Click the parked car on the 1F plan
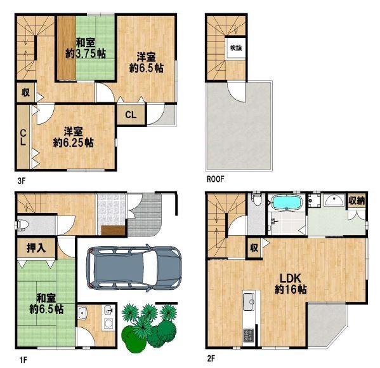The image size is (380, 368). [x=134, y=267]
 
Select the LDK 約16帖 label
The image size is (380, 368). [x=291, y=283]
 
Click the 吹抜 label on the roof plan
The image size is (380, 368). [x=236, y=48]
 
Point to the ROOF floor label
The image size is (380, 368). [x=215, y=179]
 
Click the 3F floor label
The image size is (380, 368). [x=22, y=181]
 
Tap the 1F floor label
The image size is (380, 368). [x=23, y=360]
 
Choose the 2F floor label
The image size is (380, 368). [x=211, y=358]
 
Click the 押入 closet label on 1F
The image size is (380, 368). [x=36, y=248]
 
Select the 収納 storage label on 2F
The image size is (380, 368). [x=357, y=200]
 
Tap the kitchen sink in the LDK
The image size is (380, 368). [x=249, y=302]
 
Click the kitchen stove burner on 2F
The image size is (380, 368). [x=249, y=335]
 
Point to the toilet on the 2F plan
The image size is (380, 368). [x=257, y=199]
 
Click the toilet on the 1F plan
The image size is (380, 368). [x=22, y=224]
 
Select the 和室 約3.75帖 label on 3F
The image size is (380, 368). [x=86, y=48]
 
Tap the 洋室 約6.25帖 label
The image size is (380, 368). [x=73, y=137]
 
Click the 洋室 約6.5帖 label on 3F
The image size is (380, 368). [x=146, y=62]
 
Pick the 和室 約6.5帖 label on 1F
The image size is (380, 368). [x=46, y=303]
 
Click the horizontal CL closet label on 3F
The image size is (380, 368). [x=131, y=115]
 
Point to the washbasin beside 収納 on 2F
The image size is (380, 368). [x=334, y=200]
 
